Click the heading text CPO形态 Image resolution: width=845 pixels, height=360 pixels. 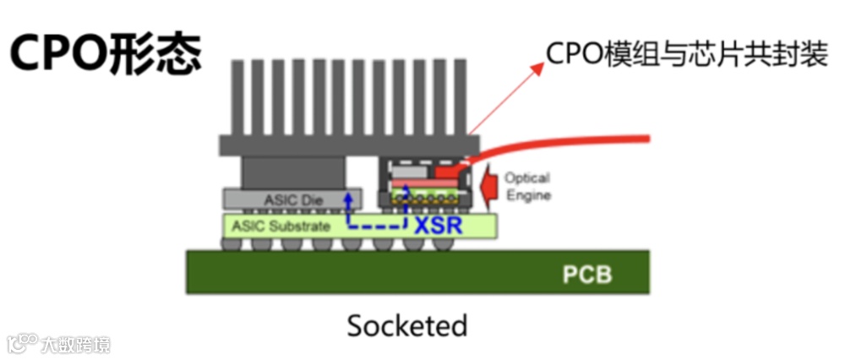pyautogui.click(x=106, y=54)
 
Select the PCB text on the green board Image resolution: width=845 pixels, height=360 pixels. pyautogui.click(x=586, y=275)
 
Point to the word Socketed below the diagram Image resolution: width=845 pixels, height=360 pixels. pyautogui.click(x=406, y=325)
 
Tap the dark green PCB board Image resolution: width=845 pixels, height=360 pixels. pyautogui.click(x=338, y=275)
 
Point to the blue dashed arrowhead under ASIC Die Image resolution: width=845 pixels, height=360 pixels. pyautogui.click(x=346, y=196)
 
